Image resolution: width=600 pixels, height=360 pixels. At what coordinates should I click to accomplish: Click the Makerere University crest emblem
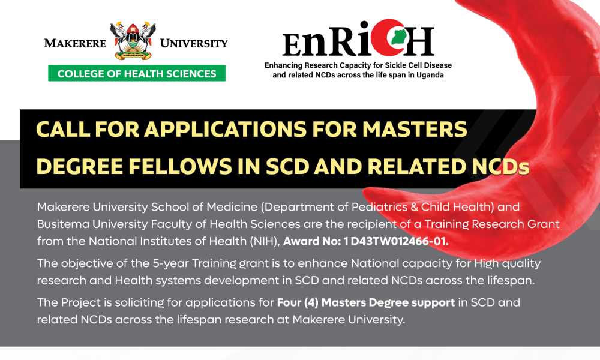(x=133, y=41)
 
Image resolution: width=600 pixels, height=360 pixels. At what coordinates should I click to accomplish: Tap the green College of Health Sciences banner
(x=137, y=73)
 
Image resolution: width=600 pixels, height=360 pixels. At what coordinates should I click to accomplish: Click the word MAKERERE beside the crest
(x=75, y=43)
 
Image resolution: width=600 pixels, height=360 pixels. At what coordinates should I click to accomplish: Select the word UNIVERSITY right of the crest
(x=194, y=43)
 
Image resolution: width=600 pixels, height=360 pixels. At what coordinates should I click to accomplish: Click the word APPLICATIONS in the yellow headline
(x=226, y=129)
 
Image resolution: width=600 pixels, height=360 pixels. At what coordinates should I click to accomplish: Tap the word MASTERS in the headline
(x=415, y=129)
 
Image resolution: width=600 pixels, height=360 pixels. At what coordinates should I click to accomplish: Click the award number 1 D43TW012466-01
(x=395, y=241)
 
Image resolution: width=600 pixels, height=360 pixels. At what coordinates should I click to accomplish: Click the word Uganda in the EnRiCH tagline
(x=430, y=75)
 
